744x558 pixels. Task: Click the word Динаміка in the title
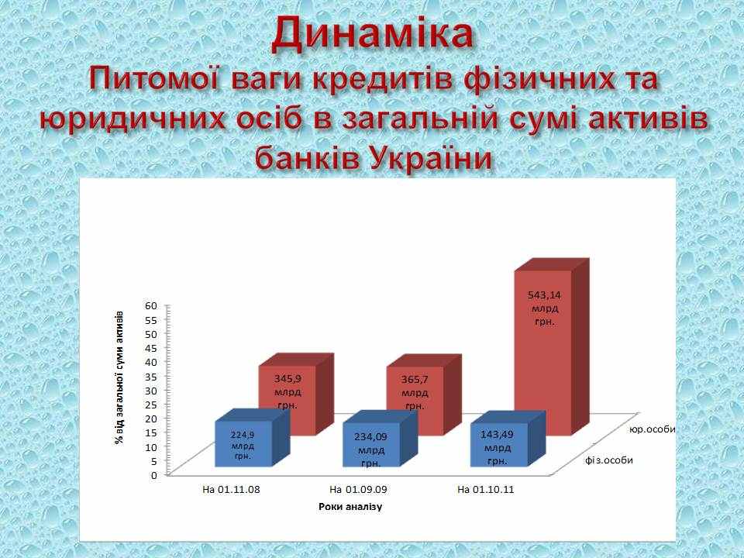tap(373, 33)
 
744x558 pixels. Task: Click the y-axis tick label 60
tap(151, 305)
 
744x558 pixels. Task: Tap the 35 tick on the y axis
tap(151, 376)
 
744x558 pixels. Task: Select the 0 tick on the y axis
tap(153, 474)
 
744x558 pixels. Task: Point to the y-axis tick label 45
tap(151, 348)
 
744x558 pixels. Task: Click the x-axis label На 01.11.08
tap(231, 489)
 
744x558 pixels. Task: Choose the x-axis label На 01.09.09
tap(358, 489)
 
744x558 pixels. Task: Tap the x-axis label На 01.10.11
tap(486, 489)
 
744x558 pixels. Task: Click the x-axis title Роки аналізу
tap(350, 507)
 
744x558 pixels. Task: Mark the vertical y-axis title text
tap(119, 377)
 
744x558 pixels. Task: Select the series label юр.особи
tap(652, 429)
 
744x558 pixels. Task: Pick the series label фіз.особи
tap(609, 460)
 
